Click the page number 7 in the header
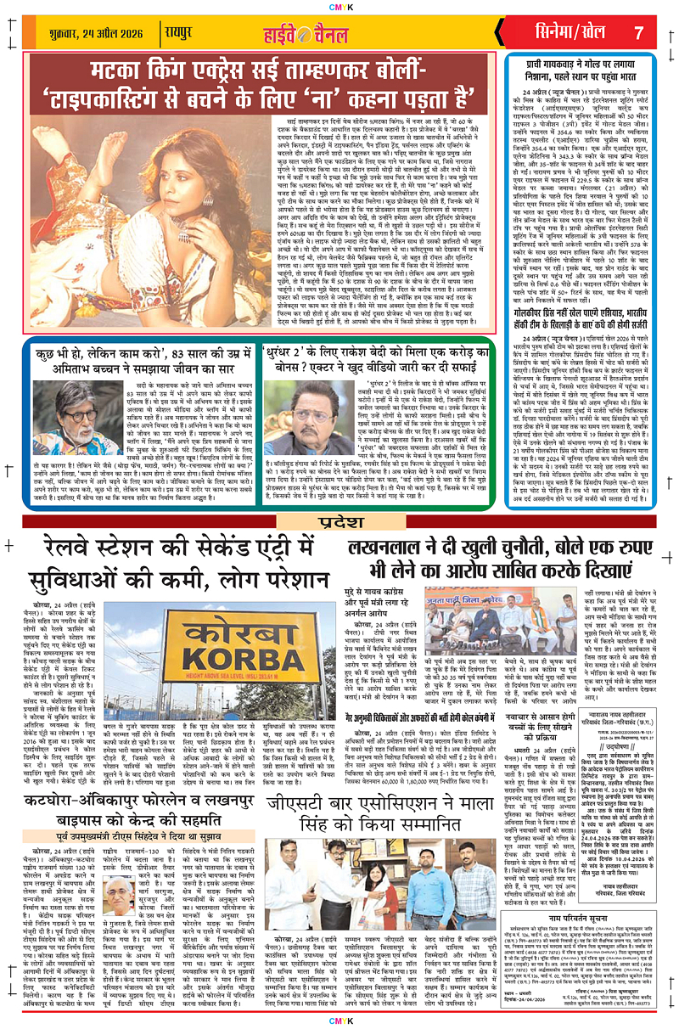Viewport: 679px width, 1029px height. tap(639, 32)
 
